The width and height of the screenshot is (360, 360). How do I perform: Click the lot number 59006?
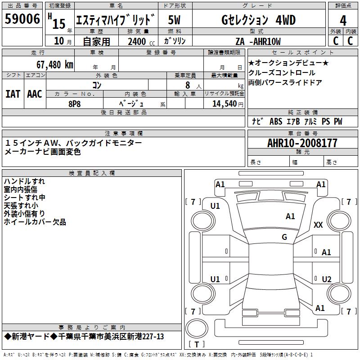22,20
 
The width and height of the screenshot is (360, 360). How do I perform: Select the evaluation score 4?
343,21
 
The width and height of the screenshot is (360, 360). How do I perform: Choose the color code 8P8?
74,103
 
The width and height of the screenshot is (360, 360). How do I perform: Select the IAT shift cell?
13,94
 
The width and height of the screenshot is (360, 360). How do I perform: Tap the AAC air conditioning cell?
35,94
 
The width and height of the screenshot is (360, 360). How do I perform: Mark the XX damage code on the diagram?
318,225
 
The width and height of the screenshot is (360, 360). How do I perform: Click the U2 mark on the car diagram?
327,279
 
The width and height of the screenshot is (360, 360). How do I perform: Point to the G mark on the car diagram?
284,237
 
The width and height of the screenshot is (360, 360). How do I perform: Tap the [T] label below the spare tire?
197,345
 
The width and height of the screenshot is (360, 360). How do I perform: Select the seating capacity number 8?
187,85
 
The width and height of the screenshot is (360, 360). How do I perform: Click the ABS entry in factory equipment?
275,121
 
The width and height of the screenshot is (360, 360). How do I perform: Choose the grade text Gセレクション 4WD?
252,20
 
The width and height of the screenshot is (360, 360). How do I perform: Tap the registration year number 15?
59,23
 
